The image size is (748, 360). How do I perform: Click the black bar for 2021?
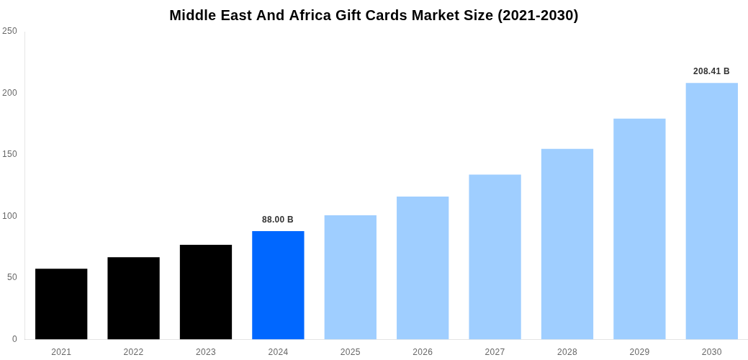pos(61,304)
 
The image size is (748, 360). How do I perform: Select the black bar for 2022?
pos(133,298)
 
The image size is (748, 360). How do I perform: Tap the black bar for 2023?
pos(206,292)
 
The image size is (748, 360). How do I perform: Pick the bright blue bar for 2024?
pos(278,285)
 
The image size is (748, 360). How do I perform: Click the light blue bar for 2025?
pos(350,277)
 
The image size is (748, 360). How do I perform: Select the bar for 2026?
pos(423,268)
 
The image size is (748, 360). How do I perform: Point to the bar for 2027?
pos(495,257)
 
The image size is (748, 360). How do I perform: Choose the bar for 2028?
pos(567,244)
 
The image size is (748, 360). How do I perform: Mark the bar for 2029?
pos(639,229)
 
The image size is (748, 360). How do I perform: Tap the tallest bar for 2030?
pos(711,211)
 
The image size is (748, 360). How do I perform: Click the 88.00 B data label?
pos(278,220)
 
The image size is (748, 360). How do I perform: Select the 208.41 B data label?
pos(711,71)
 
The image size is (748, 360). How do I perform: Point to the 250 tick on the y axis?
pos(9,31)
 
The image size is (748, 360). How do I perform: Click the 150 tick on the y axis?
pos(9,154)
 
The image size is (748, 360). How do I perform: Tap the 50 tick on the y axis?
pos(12,277)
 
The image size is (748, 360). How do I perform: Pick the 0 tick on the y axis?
pos(14,339)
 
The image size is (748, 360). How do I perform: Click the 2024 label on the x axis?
pos(278,352)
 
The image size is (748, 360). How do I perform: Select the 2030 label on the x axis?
pos(711,352)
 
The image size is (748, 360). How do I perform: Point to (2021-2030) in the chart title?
pos(538,15)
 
